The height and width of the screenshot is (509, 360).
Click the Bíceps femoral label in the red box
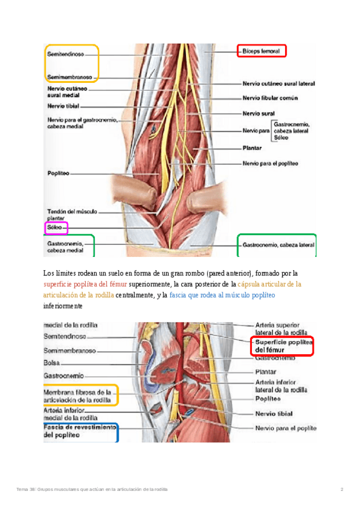[x=261, y=52]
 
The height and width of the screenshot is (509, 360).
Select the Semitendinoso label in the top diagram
[x=66, y=53]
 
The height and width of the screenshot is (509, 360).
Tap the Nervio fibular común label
[x=270, y=98]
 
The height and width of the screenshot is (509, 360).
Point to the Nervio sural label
[x=259, y=113]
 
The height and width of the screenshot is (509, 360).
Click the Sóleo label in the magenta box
[x=55, y=228]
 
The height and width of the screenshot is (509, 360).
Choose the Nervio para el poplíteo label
[x=270, y=163]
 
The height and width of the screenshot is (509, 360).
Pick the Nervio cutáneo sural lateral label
[x=278, y=84]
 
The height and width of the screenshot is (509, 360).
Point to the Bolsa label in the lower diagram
[x=52, y=363]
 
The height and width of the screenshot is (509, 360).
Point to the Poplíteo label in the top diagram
[x=58, y=173]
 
